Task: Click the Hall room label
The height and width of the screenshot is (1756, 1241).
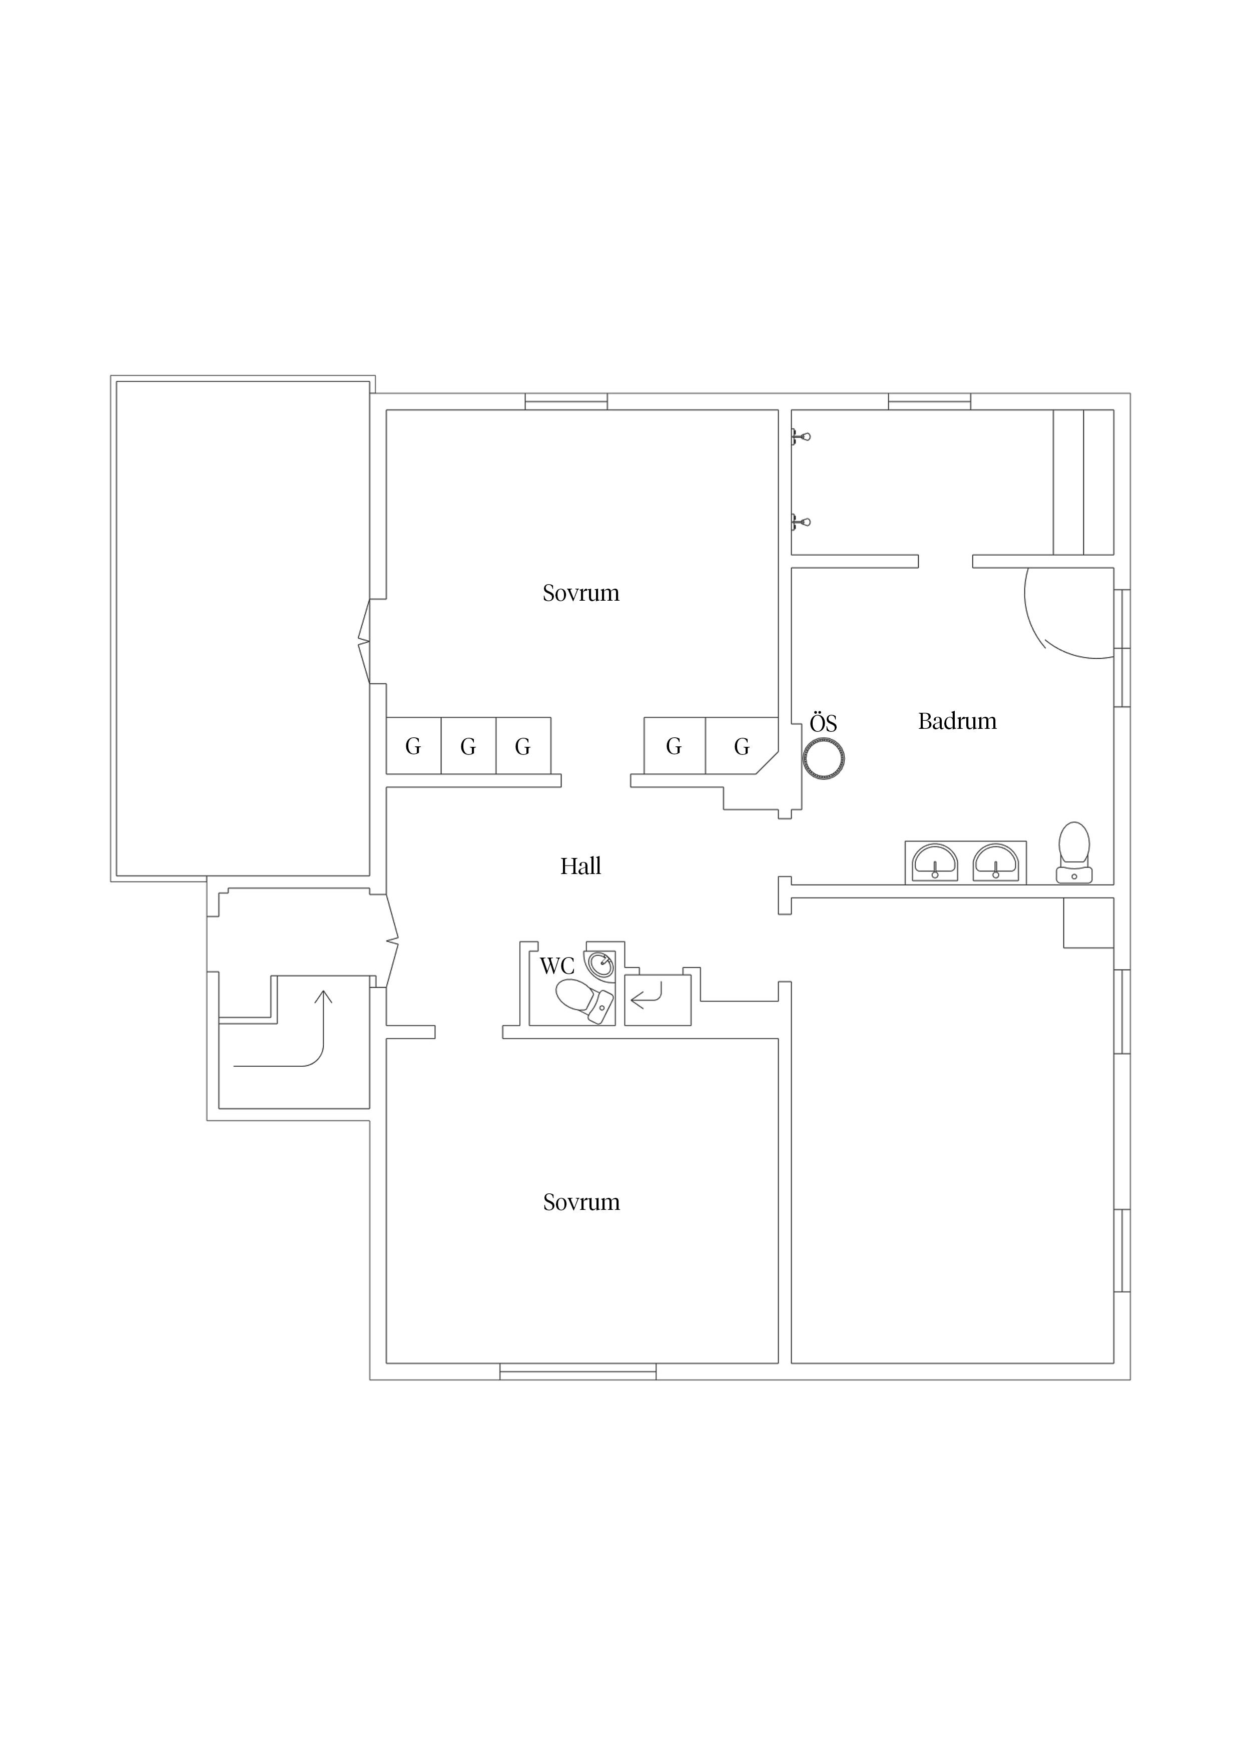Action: pyautogui.click(x=580, y=866)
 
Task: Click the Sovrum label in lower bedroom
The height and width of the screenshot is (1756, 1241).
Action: pyautogui.click(x=581, y=1202)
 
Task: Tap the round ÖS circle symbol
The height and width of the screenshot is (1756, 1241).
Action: pyautogui.click(x=824, y=759)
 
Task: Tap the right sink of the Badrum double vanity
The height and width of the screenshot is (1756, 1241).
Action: pyautogui.click(x=996, y=862)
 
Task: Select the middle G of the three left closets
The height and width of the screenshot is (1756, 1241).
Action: pyautogui.click(x=468, y=746)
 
